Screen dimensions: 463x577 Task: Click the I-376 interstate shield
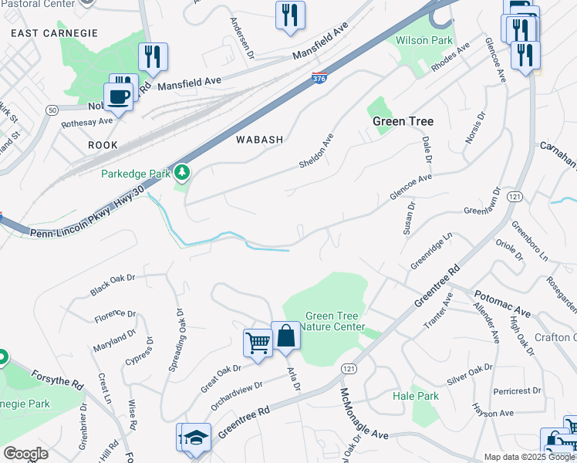(319, 77)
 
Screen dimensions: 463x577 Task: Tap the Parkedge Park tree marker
(183, 172)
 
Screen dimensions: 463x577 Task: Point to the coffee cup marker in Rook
(117, 97)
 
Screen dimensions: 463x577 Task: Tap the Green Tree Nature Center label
(335, 321)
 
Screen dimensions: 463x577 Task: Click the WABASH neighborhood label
(260, 140)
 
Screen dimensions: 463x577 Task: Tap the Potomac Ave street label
(501, 303)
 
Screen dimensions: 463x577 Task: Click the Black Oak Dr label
(112, 284)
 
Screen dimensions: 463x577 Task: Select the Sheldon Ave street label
(317, 151)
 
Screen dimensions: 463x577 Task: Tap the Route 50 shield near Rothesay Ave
(52, 110)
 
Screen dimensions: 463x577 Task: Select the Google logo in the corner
(25, 454)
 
